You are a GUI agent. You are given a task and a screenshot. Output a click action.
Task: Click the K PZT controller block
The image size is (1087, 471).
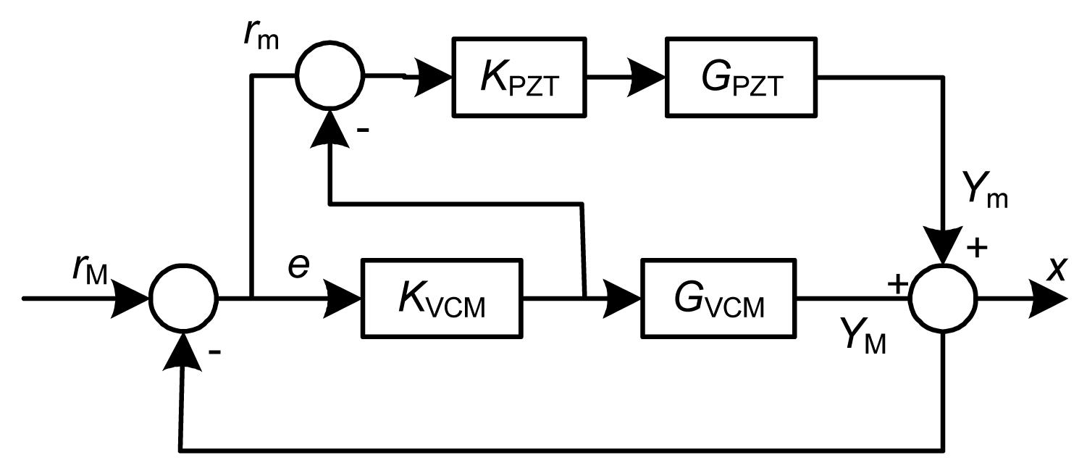click(x=519, y=76)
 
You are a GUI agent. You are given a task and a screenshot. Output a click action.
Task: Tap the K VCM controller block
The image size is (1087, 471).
click(x=442, y=297)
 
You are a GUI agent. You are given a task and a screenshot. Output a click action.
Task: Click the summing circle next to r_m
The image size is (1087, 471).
click(x=330, y=75)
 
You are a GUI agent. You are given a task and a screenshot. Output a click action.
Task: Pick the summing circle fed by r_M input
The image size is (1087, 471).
click(x=182, y=298)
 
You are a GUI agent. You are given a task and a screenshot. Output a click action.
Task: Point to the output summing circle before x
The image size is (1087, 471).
click(x=944, y=298)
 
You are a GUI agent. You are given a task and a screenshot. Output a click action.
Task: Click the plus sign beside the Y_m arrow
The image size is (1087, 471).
click(x=977, y=248)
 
